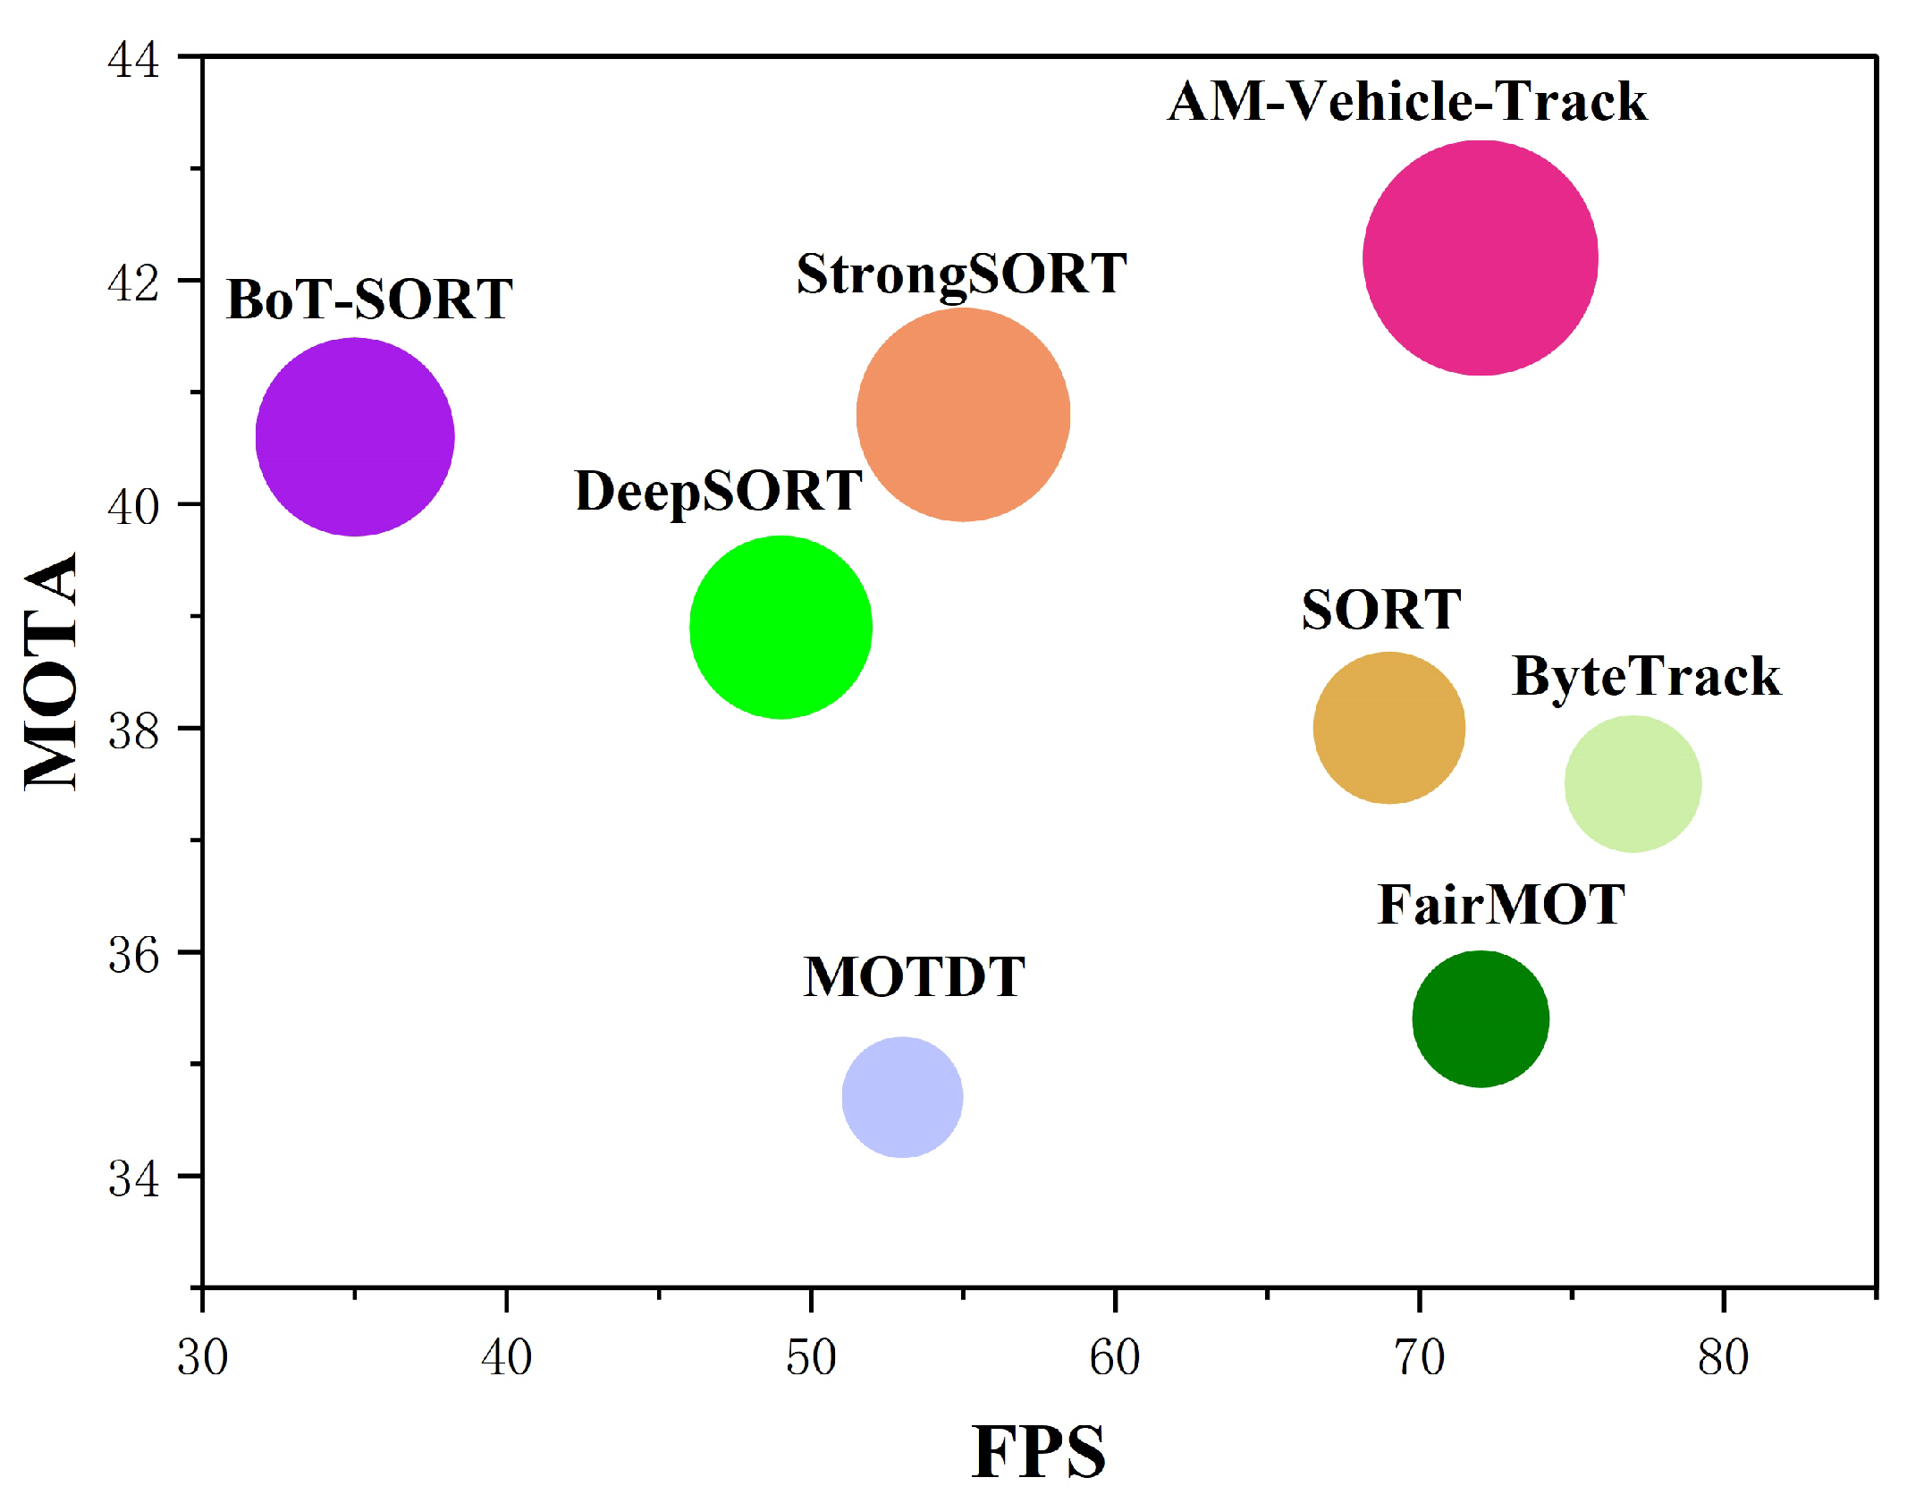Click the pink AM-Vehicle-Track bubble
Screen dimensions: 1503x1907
point(1480,258)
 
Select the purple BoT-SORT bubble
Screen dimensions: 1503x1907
point(355,437)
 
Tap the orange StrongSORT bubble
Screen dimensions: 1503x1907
point(963,415)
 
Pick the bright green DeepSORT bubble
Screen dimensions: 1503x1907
point(781,627)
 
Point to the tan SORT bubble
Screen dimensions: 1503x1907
point(1388,728)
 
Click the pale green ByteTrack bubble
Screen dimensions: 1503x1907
point(1633,784)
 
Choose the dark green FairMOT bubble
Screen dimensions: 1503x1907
point(1481,1018)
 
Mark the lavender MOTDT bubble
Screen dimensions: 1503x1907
point(902,1097)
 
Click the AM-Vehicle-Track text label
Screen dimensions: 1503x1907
point(1407,101)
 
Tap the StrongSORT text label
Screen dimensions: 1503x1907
point(961,274)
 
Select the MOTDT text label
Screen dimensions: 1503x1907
point(914,976)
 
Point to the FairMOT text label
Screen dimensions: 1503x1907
point(1500,905)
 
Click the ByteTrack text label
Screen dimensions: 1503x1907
point(1646,676)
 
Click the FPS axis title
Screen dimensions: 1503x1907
point(1038,1453)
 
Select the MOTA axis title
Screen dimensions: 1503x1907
point(51,671)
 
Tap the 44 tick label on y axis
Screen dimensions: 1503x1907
point(133,60)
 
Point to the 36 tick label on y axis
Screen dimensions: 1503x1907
point(133,954)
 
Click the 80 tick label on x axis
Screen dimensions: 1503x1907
point(1723,1358)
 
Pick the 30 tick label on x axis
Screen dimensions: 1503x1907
point(203,1358)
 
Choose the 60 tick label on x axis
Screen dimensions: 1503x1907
point(1115,1358)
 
